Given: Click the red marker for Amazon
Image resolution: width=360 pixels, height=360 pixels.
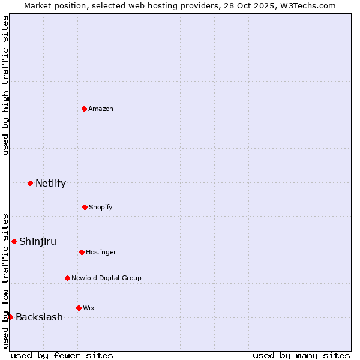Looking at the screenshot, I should click(x=84, y=109).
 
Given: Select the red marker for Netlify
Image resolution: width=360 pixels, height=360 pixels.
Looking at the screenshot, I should click(x=30, y=183).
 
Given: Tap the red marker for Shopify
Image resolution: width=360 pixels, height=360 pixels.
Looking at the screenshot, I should click(x=85, y=207).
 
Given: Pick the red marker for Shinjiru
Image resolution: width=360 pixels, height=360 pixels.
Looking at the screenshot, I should click(x=14, y=241).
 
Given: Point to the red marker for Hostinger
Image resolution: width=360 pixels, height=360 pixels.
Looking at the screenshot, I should click(x=82, y=252).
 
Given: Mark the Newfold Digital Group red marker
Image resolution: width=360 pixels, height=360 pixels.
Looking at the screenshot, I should click(x=67, y=278).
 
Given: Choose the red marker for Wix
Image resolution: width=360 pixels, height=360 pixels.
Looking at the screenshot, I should click(x=79, y=308).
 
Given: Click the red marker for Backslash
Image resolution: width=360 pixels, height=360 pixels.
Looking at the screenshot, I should click(x=10, y=317).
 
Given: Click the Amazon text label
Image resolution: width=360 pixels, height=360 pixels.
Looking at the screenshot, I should click(x=101, y=109).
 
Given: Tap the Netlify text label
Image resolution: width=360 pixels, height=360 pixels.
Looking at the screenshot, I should click(x=50, y=183).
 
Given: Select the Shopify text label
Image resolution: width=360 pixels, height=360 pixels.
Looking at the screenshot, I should click(x=101, y=207).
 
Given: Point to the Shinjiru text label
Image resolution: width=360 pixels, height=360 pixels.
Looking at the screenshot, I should click(x=38, y=241).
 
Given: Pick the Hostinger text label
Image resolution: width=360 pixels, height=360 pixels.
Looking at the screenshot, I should click(x=101, y=252).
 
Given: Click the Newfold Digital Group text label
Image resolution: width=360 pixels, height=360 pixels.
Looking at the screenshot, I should click(x=106, y=278).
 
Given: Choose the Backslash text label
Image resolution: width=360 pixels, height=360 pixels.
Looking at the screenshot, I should click(x=39, y=317).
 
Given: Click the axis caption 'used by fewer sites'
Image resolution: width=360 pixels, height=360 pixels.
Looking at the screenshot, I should click(x=62, y=355).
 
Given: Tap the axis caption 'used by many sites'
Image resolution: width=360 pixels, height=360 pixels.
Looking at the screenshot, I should click(x=301, y=355).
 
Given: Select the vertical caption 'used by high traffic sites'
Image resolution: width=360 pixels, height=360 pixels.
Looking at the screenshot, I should click(x=5, y=85).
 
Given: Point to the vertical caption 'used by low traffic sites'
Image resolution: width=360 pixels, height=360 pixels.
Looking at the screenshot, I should click(x=5, y=281).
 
